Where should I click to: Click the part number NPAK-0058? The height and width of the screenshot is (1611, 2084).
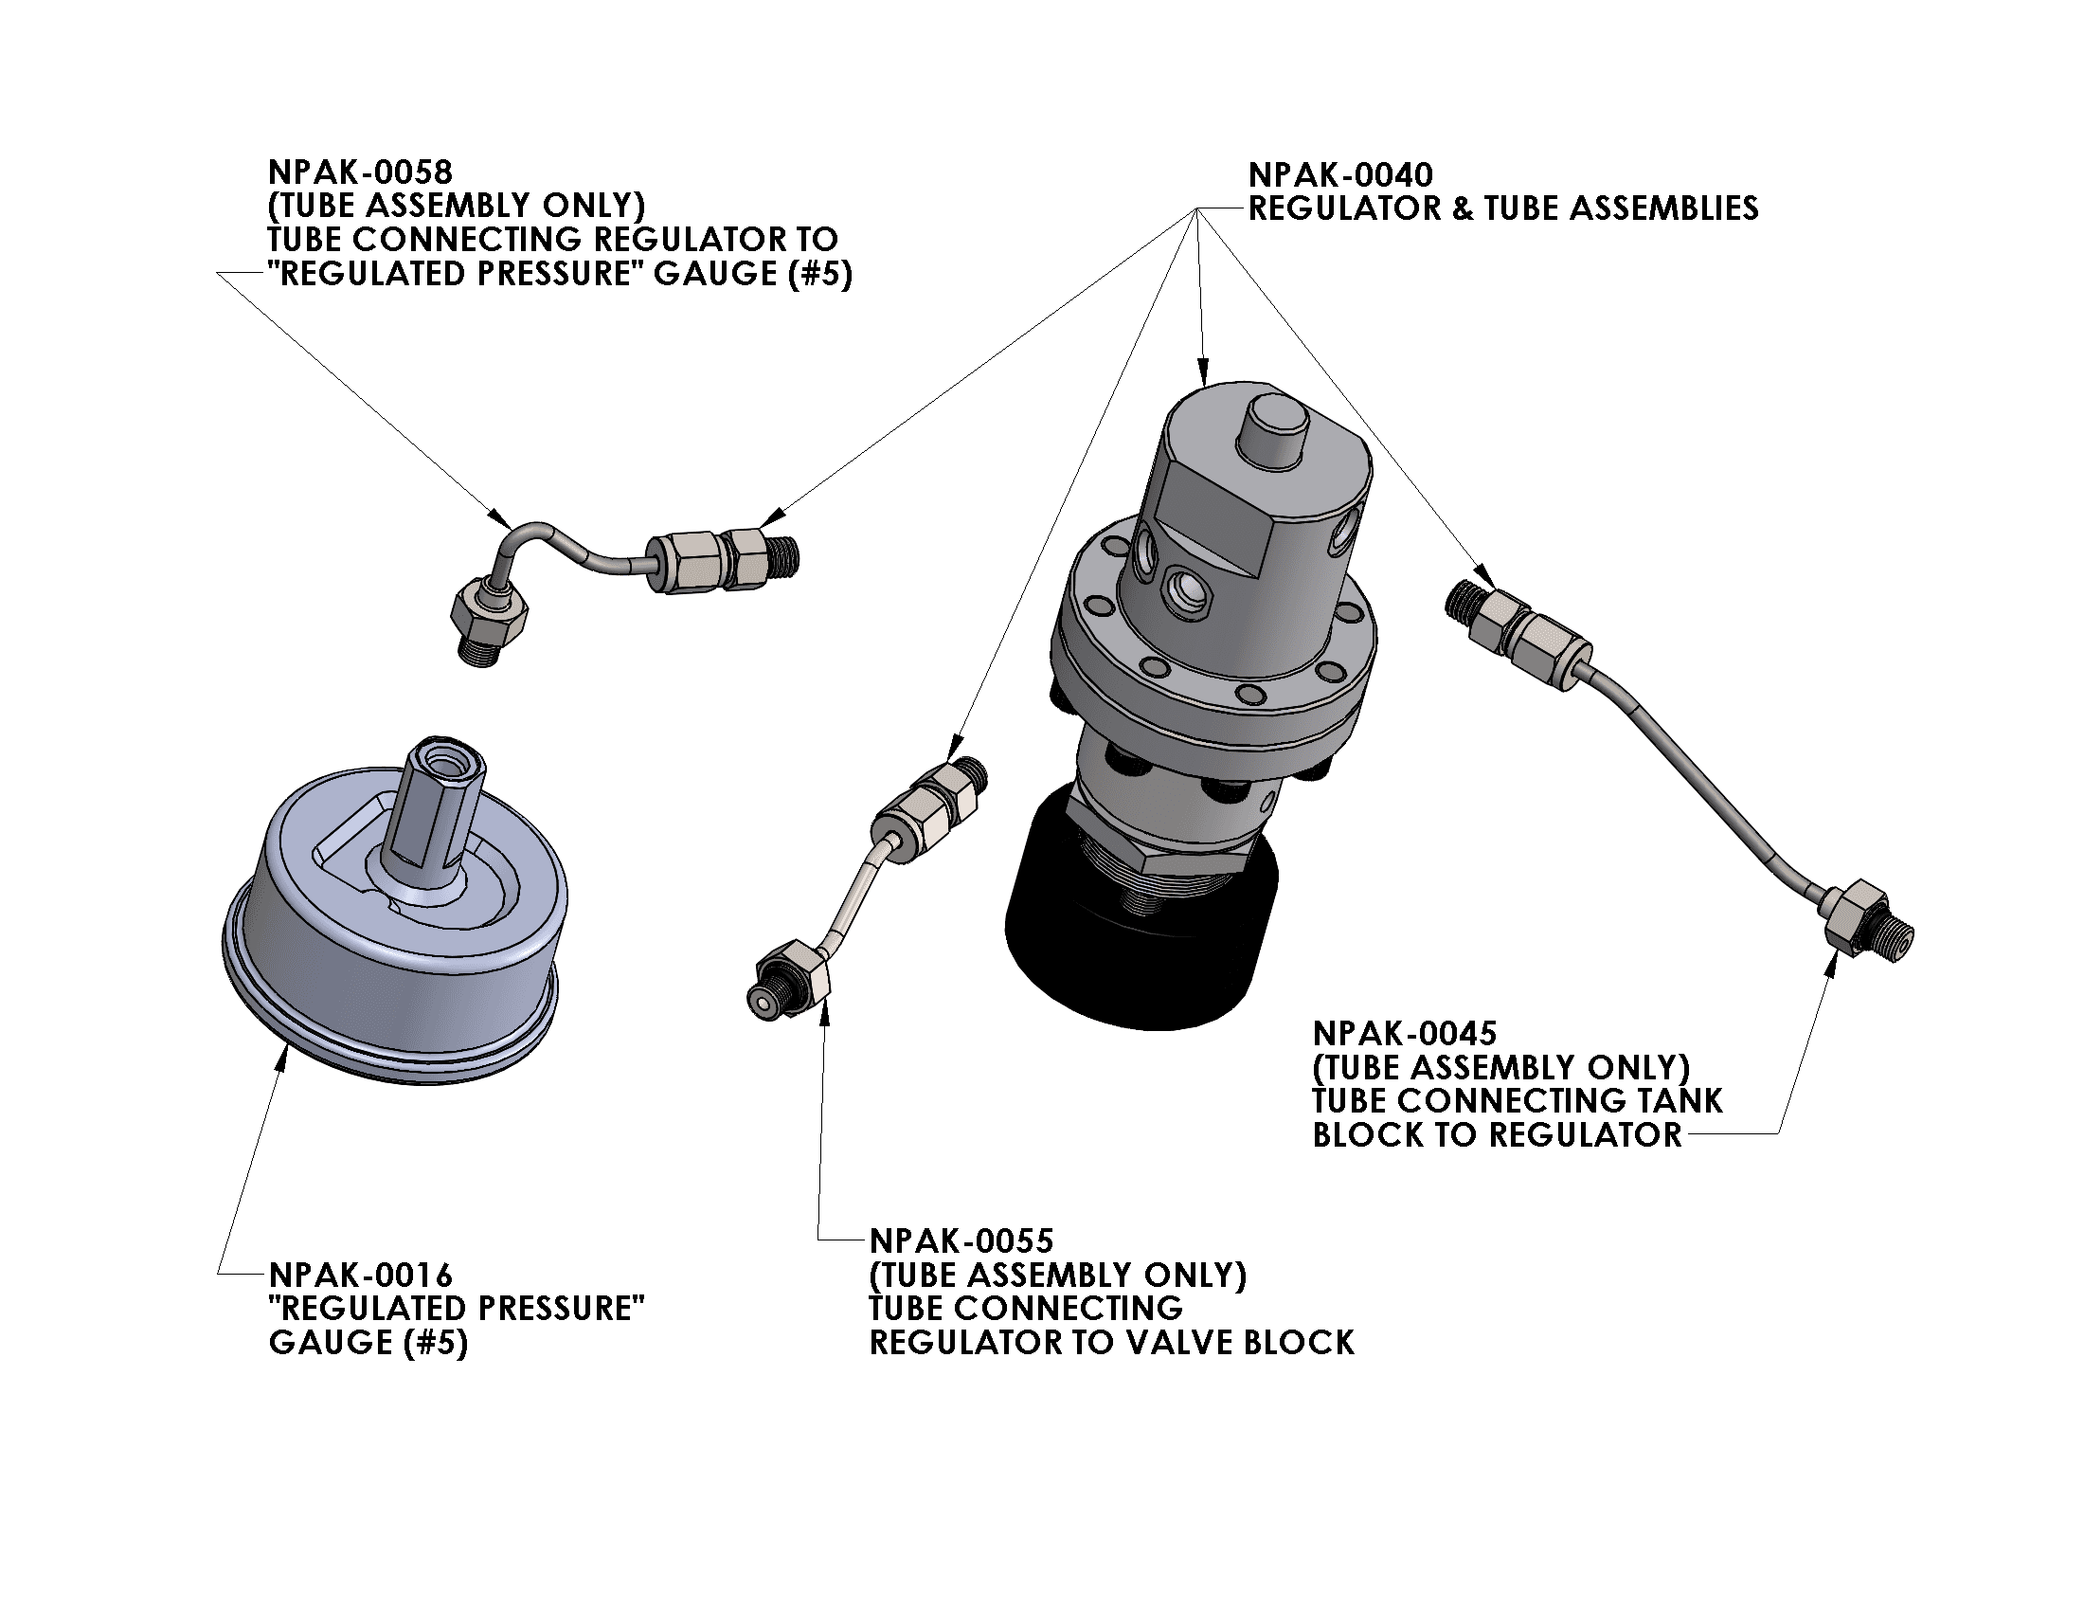(x=360, y=172)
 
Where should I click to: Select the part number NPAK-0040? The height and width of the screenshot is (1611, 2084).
(x=1339, y=175)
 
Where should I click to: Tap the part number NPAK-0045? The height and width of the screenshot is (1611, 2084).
(x=1405, y=1034)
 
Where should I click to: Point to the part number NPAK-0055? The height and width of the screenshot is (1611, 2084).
(x=961, y=1240)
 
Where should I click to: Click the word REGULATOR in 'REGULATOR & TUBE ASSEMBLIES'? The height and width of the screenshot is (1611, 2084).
(x=1344, y=208)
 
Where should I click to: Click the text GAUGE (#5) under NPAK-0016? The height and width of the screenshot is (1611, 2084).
(x=368, y=1343)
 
